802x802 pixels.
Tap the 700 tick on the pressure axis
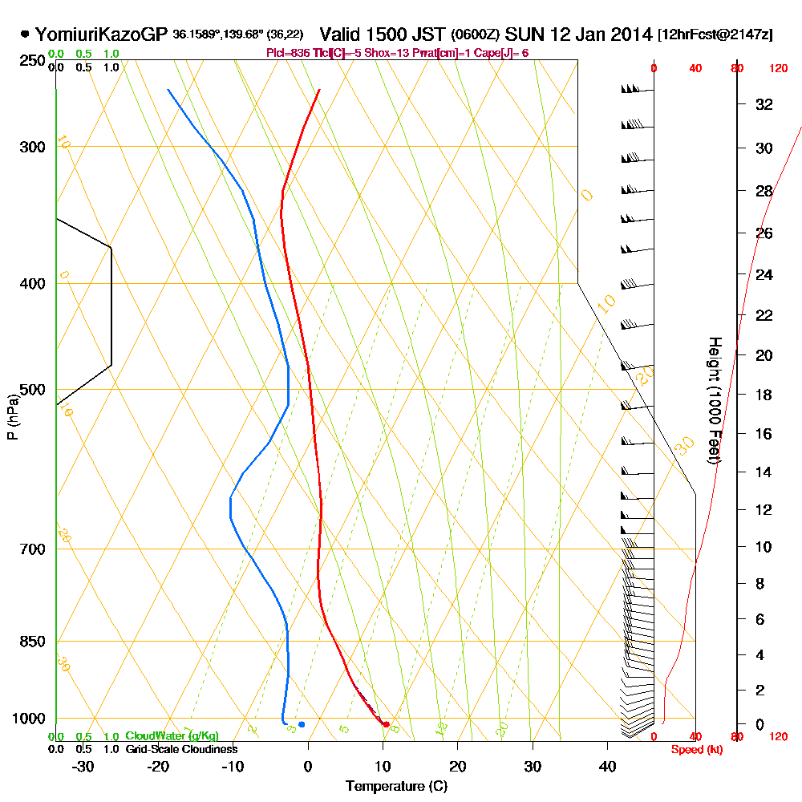tap(38, 549)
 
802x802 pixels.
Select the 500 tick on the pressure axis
tap(38, 391)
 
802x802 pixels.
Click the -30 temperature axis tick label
tap(83, 766)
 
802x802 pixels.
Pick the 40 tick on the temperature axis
tap(607, 766)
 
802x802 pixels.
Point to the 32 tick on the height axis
tap(764, 104)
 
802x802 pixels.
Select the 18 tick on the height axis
tap(764, 395)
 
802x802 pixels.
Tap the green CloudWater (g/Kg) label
tap(172, 736)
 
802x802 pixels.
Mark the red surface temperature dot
tap(386, 724)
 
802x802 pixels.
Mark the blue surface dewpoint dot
tap(302, 724)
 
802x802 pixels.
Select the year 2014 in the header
tap(628, 34)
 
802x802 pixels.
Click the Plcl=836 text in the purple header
tap(286, 53)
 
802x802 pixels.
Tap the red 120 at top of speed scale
tap(777, 69)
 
